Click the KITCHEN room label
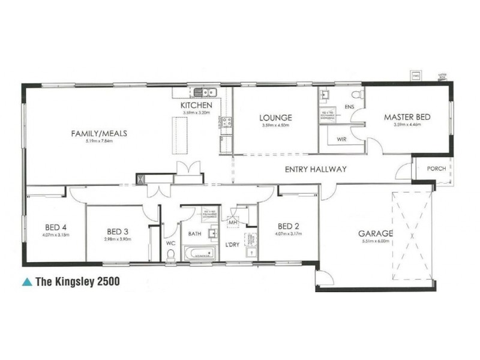pos(197,106)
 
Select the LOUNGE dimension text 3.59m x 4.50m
pos(275,126)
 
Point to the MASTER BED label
pos(407,118)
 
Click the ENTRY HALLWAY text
pos(316,170)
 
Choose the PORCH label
pos(436,169)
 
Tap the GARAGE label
pos(376,233)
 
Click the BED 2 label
pos(289,226)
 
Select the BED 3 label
pos(118,231)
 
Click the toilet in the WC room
pos(171,256)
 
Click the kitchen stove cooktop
pos(227,123)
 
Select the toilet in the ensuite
pos(356,95)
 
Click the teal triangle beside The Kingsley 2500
pos(26,280)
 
